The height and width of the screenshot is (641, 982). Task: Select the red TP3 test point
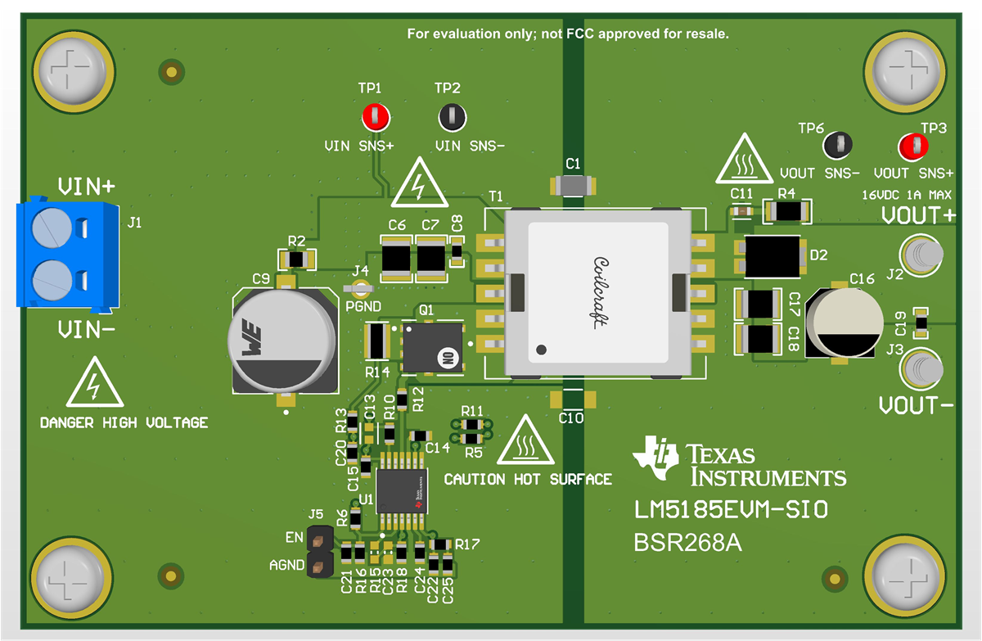912,147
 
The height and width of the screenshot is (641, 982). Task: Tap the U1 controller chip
401,490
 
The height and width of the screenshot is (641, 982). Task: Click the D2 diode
772,255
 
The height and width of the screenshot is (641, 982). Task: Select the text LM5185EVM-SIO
731,510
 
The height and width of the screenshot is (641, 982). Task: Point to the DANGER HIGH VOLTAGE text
124,423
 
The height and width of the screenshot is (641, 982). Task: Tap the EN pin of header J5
318,539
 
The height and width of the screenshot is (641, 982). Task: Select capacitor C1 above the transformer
573,186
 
